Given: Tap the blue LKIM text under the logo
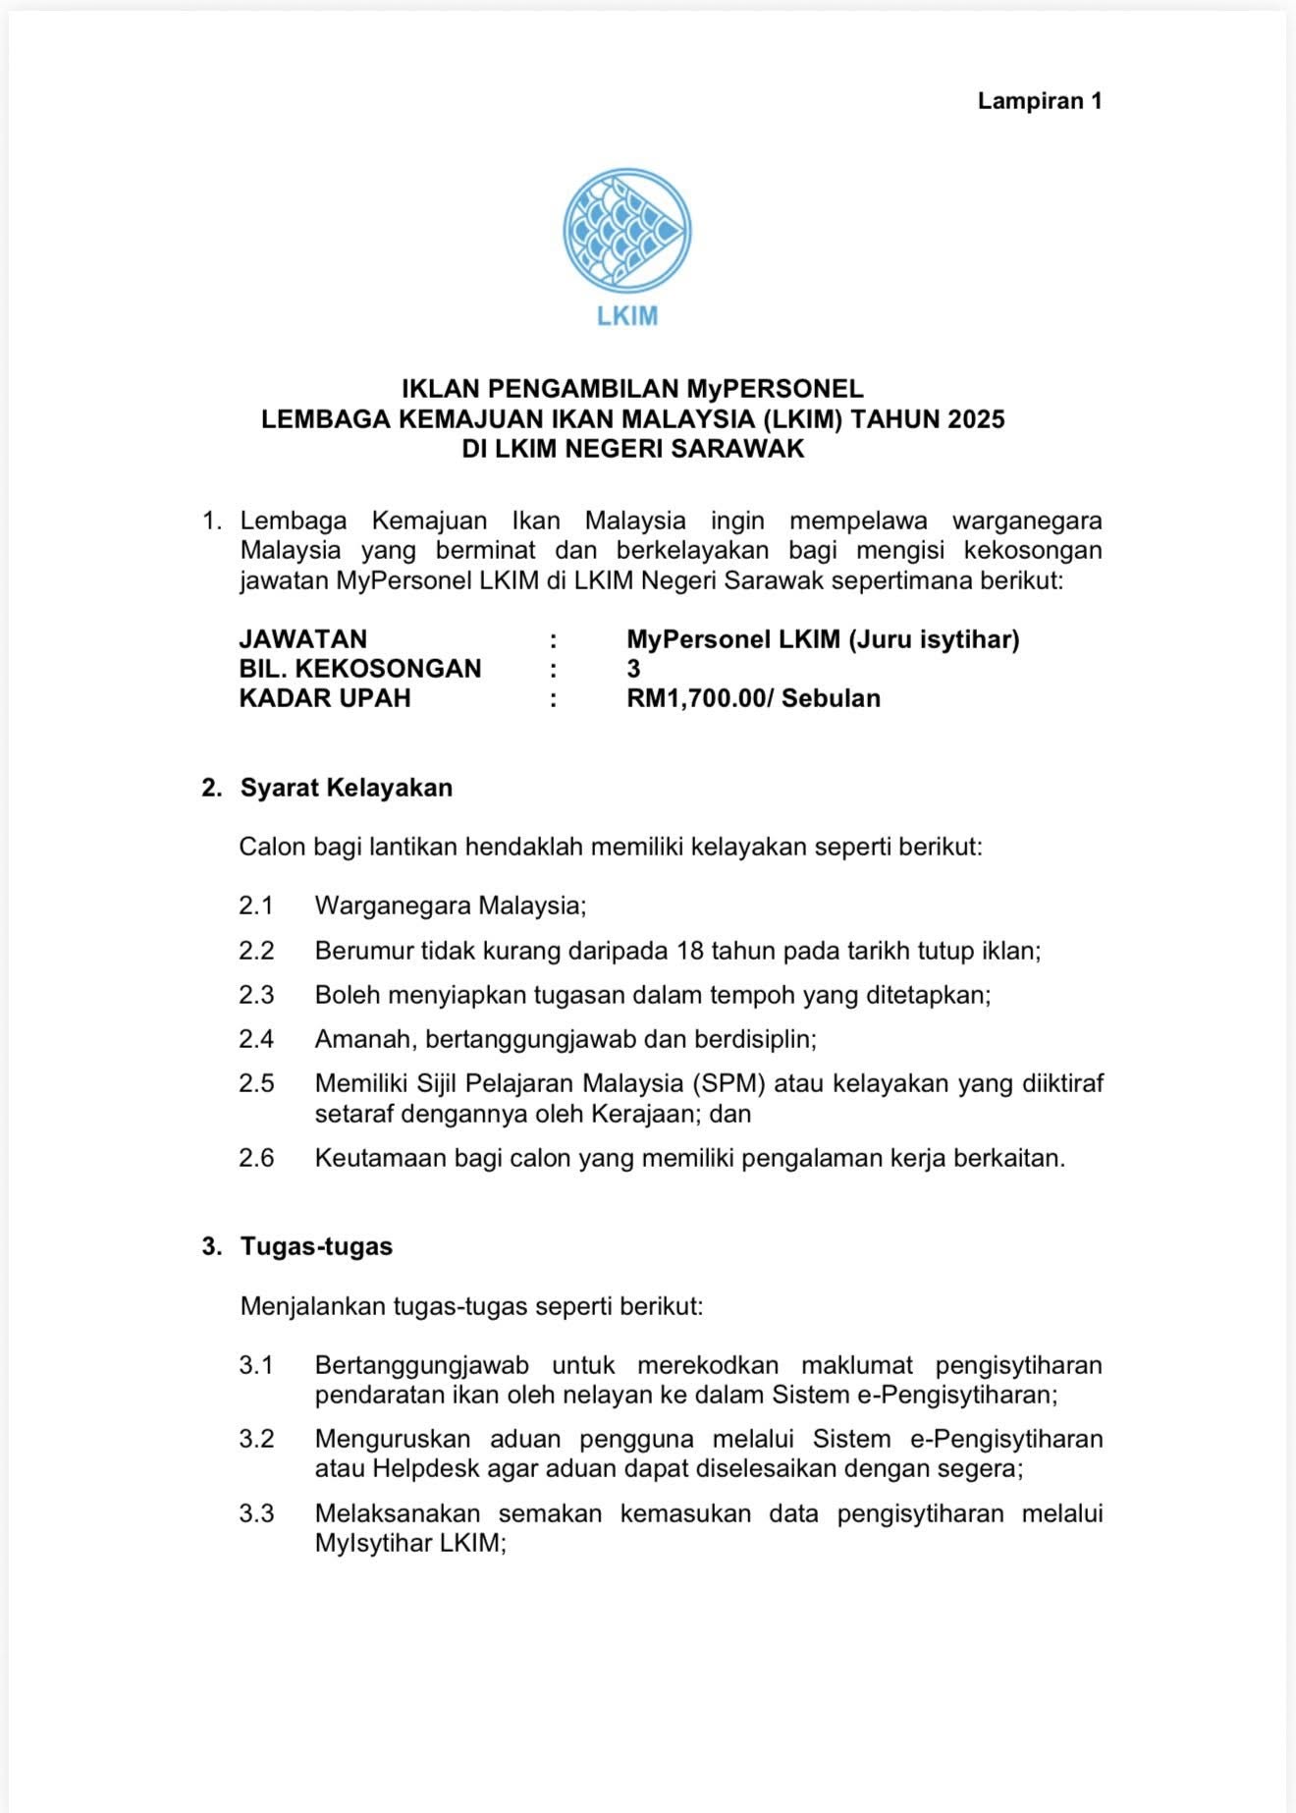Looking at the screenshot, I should pyautogui.click(x=626, y=316).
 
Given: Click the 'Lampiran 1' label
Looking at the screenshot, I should pyautogui.click(x=1040, y=101).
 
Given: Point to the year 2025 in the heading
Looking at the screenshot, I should pyautogui.click(x=976, y=419).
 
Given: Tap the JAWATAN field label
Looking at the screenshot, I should pyautogui.click(x=302, y=640).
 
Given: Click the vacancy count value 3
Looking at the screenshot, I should pyautogui.click(x=633, y=670).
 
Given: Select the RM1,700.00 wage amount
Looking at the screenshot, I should pyautogui.click(x=693, y=699).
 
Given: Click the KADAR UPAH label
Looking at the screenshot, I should pyautogui.click(x=325, y=699).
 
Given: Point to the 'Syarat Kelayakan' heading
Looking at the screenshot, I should pyautogui.click(x=346, y=789).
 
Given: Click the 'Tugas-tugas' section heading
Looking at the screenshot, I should pyautogui.click(x=316, y=1247).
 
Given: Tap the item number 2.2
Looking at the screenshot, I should pyautogui.click(x=256, y=951).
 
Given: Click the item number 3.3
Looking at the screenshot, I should pyautogui.click(x=256, y=1513).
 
